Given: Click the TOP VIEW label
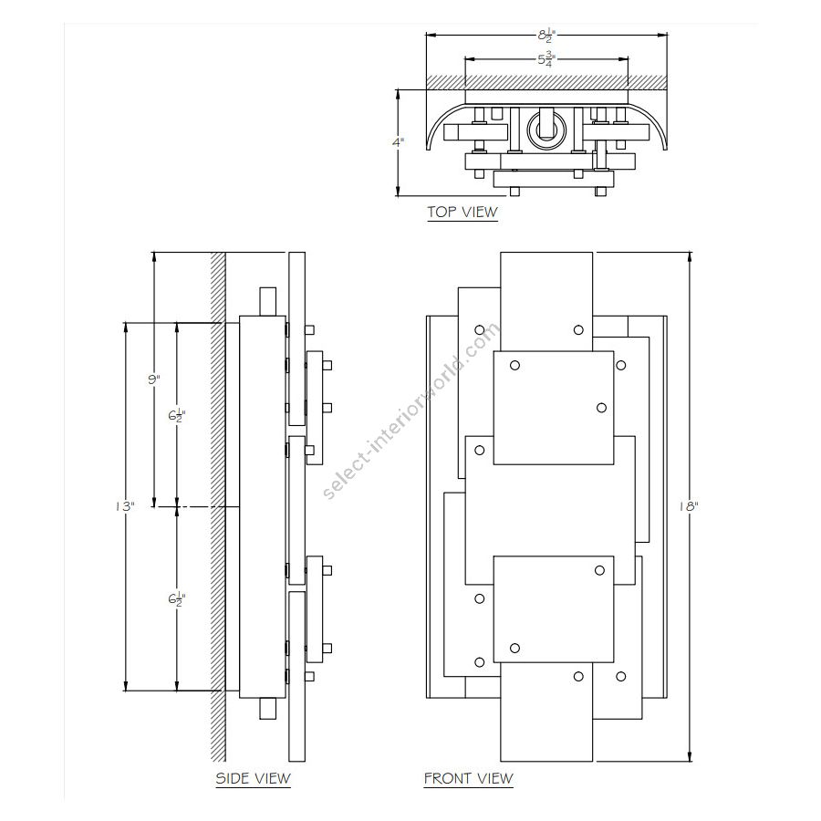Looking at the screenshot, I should (462, 213).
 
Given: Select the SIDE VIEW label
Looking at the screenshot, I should (253, 778).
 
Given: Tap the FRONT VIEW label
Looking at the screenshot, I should (468, 778).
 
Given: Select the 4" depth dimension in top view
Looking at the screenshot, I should (399, 142).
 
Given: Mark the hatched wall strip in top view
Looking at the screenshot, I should (547, 82).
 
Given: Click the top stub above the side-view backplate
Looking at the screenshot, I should (267, 302).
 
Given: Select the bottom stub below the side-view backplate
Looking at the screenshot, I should (267, 709).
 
